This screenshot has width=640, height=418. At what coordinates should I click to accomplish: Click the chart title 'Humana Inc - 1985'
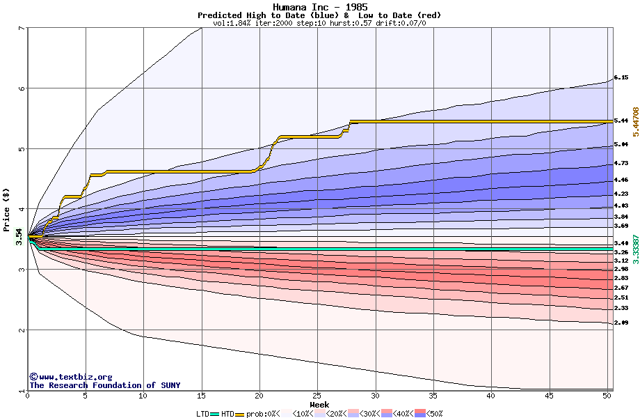(319, 7)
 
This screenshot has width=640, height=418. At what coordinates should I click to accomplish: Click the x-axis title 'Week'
(319, 405)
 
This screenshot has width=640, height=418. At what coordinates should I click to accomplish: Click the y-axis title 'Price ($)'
(6, 208)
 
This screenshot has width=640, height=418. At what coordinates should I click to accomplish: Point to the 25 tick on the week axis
(317, 396)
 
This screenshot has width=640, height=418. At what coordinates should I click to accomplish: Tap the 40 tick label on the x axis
(492, 396)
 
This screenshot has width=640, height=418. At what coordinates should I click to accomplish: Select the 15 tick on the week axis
(201, 396)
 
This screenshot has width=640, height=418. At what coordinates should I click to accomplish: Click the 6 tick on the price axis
(22, 88)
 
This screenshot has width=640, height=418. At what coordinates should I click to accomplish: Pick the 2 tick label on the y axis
(22, 330)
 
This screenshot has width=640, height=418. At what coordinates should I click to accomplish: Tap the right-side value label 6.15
(621, 78)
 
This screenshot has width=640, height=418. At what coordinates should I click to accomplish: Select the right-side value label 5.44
(621, 121)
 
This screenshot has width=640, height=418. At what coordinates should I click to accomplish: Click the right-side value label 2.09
(621, 322)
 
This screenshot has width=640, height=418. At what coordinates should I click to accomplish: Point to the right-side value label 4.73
(621, 164)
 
